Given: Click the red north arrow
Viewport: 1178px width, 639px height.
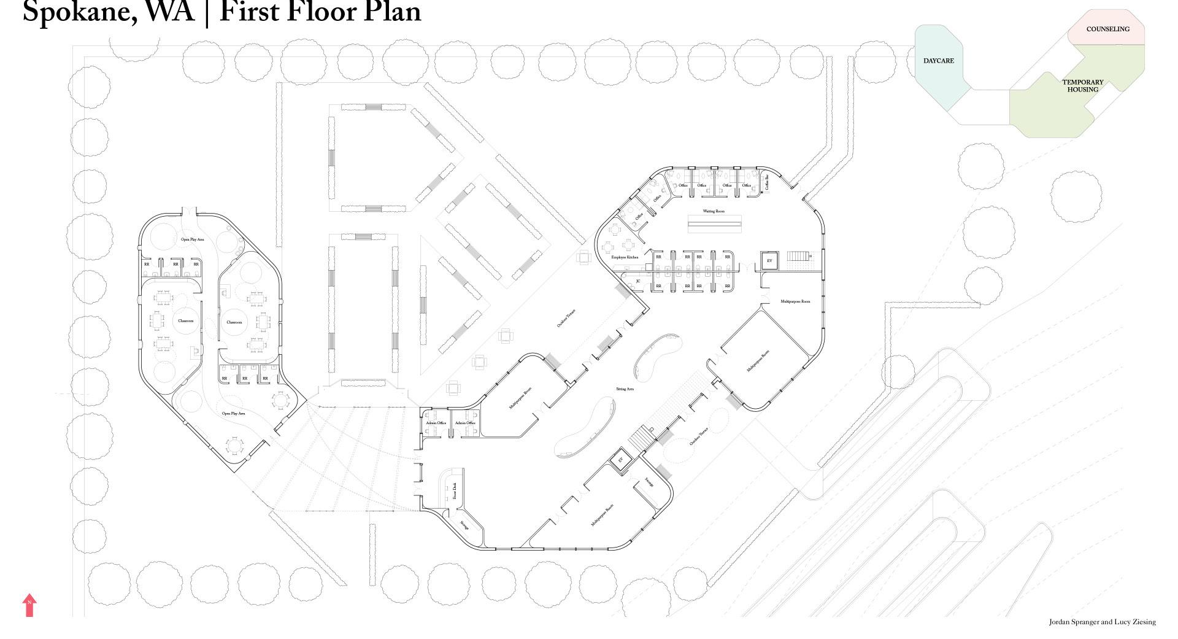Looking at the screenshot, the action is coord(29,605).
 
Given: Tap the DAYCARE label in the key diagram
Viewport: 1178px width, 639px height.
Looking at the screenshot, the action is coord(938,61).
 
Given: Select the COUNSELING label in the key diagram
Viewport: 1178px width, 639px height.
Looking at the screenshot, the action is coord(1107,29).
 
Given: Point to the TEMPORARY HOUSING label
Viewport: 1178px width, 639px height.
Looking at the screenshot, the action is coord(1083,86).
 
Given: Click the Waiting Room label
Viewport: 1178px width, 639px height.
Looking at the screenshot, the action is coord(714,211).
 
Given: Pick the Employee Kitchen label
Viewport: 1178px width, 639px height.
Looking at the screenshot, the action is coord(625,257).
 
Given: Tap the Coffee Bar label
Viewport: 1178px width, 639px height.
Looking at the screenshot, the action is coord(766,181).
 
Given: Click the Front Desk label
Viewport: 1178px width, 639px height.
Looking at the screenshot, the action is coord(455,491).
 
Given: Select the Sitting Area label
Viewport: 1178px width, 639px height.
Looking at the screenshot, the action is coord(625,389).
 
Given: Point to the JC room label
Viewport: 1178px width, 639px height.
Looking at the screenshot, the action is coord(638,281).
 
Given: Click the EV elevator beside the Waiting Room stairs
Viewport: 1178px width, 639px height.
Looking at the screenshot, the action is coord(769,261).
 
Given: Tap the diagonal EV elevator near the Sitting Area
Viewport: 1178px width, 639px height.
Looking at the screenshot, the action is coord(620,460).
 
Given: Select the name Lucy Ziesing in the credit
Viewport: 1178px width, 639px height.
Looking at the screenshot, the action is coord(1135,622).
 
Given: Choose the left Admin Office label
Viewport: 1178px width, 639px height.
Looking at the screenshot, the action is coord(436,423).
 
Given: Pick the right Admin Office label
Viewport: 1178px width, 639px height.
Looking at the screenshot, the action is coord(465,423).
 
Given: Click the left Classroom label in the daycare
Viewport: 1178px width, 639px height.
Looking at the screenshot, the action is coord(185,321).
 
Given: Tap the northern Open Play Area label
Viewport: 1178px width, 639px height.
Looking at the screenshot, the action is coord(192,239).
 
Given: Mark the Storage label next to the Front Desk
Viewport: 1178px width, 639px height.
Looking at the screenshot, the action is coord(464,525).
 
